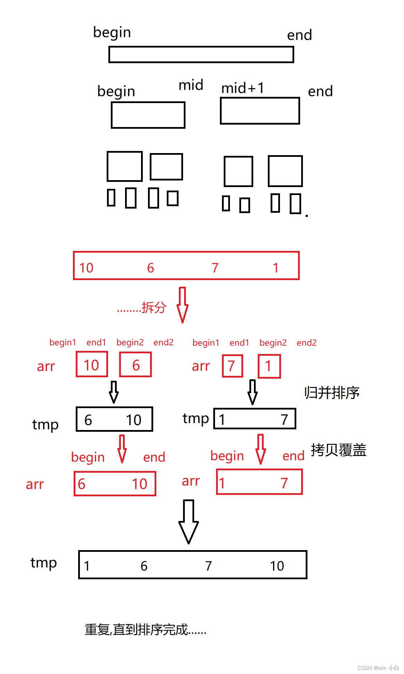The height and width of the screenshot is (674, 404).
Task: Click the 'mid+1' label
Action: tap(243, 88)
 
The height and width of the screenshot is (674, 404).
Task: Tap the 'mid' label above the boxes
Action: tap(191, 85)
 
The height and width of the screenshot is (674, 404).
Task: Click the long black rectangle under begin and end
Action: tap(201, 54)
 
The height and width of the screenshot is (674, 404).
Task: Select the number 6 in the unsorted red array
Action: tap(150, 268)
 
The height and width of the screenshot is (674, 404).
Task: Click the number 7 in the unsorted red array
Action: tap(215, 268)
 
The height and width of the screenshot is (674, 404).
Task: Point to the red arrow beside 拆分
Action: tap(182, 305)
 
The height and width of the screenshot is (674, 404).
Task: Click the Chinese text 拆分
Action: tap(154, 307)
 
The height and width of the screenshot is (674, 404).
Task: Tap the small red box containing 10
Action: tap(92, 364)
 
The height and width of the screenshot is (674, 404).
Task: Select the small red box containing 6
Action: tap(135, 365)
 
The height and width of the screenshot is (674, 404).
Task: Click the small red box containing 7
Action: tap(232, 366)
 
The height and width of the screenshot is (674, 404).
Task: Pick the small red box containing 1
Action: tap(269, 366)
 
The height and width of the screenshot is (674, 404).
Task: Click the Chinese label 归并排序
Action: tap(332, 393)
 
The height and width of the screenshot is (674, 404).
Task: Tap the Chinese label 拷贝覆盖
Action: tap(338, 450)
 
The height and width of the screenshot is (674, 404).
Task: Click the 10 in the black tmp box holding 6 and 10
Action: tap(133, 420)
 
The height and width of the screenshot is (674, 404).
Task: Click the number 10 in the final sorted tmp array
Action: tap(277, 566)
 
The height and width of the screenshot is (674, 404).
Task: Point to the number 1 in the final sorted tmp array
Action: tap(87, 566)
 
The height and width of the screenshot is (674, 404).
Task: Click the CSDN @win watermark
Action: tap(378, 668)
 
